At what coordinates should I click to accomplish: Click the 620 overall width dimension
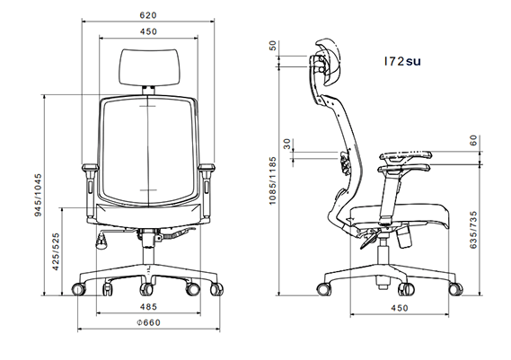click(x=149, y=15)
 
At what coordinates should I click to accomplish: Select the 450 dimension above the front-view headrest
click(x=149, y=31)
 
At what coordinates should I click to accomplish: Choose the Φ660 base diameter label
click(x=148, y=323)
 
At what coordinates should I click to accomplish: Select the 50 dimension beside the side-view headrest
click(x=273, y=46)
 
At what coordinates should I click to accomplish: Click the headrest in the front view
click(x=149, y=64)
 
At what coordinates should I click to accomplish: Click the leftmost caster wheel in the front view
click(x=77, y=289)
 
